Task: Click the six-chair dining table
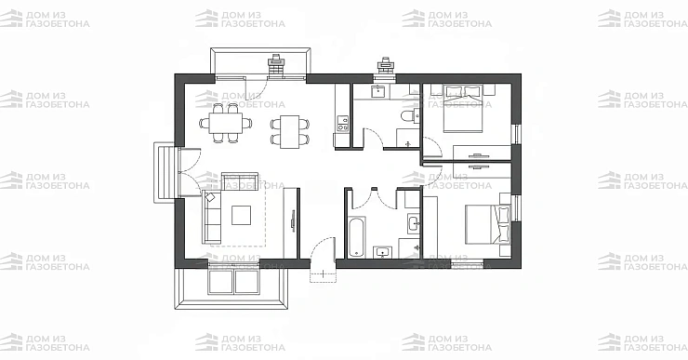click(226, 123)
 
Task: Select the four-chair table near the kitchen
click(289, 131)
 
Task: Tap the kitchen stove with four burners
click(342, 123)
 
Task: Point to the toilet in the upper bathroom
click(409, 116)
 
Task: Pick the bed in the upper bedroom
click(463, 109)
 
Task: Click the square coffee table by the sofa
click(242, 215)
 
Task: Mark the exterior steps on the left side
click(165, 172)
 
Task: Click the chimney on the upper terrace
click(276, 66)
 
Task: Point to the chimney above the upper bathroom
click(386, 67)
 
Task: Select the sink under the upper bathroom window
click(378, 92)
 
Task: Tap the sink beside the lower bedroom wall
click(414, 223)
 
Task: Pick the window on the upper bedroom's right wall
click(517, 134)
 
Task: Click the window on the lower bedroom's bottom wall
click(468, 264)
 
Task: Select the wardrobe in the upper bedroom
click(483, 153)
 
